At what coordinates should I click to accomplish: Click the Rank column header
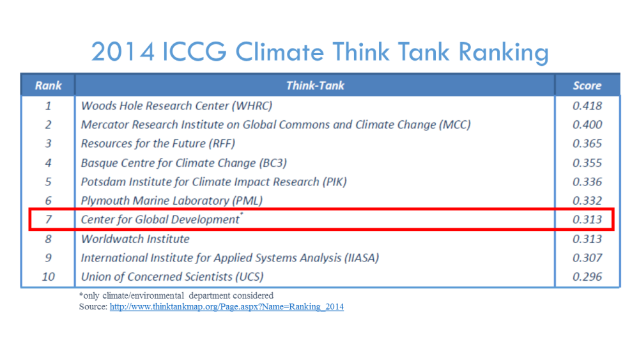[48, 85]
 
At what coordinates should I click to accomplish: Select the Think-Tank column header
[315, 85]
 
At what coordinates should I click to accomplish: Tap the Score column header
[587, 85]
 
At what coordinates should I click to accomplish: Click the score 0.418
[587, 106]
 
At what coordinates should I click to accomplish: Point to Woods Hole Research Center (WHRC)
[176, 106]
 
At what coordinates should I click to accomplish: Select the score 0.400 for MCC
[587, 124]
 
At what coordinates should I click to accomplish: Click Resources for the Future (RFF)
[158, 143]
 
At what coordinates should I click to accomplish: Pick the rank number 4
[48, 162]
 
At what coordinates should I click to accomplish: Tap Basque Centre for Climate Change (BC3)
[184, 163]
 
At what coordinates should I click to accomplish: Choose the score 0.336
[587, 182]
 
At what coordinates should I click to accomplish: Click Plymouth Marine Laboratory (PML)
[171, 201]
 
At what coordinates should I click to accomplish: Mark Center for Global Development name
[162, 219]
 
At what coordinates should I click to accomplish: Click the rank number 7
[48, 219]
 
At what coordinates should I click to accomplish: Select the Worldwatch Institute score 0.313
[587, 239]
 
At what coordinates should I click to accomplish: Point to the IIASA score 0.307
[587, 258]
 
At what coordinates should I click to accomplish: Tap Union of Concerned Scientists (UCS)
[173, 277]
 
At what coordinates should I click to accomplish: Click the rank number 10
[48, 276]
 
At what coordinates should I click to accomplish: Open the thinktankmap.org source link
[227, 306]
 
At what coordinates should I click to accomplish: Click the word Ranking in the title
[504, 52]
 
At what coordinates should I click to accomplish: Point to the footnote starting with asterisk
[176, 295]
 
